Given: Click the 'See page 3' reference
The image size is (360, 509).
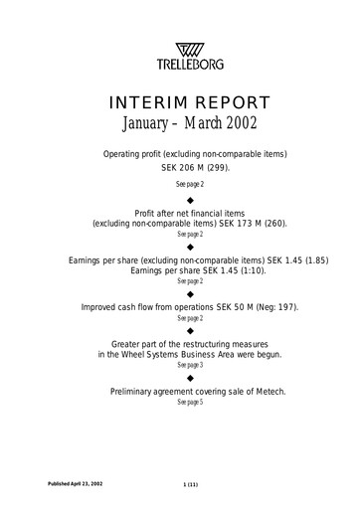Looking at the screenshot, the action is pyautogui.click(x=180, y=366).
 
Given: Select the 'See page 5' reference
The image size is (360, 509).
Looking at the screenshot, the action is pyautogui.click(x=180, y=404).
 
